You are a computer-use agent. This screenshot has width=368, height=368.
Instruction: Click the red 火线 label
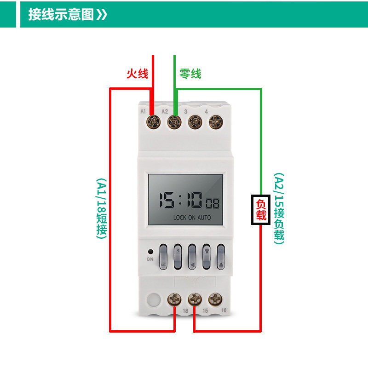138,74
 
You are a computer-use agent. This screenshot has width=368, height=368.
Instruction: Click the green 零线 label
190,74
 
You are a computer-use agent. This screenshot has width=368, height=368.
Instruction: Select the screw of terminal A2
173,122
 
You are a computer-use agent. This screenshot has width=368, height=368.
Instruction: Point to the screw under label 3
195,122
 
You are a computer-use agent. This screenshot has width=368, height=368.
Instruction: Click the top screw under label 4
215,122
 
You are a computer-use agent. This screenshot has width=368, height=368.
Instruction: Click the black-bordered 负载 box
261,210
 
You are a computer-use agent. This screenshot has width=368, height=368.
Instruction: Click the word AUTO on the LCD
204,218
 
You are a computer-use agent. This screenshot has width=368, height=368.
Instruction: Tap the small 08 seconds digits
213,203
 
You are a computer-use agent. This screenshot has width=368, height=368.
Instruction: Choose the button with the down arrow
207,256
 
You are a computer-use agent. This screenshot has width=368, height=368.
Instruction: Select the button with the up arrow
221,256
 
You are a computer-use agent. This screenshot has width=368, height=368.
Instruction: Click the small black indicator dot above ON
150,252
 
